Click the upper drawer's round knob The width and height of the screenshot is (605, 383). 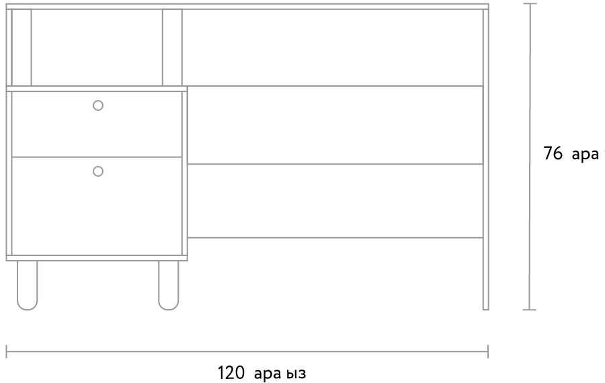(98, 105)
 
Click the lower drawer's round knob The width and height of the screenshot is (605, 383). (98, 171)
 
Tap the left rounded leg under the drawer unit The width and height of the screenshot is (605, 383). (28, 286)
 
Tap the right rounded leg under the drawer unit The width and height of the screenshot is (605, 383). (169, 286)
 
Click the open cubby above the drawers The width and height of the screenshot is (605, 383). (97, 47)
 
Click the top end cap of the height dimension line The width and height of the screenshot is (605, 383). (530, 4)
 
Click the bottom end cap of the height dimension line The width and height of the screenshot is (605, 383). (530, 310)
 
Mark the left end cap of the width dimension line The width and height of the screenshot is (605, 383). (7, 351)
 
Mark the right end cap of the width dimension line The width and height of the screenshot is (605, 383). (487, 351)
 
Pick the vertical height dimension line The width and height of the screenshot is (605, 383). (530, 155)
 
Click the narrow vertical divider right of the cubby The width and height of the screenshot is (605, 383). (172, 47)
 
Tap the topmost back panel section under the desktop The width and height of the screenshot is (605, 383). (333, 47)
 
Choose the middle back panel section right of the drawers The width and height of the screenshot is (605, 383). (335, 125)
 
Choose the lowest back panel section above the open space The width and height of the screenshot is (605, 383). (335, 200)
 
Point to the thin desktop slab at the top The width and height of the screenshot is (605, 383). (247, 6)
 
